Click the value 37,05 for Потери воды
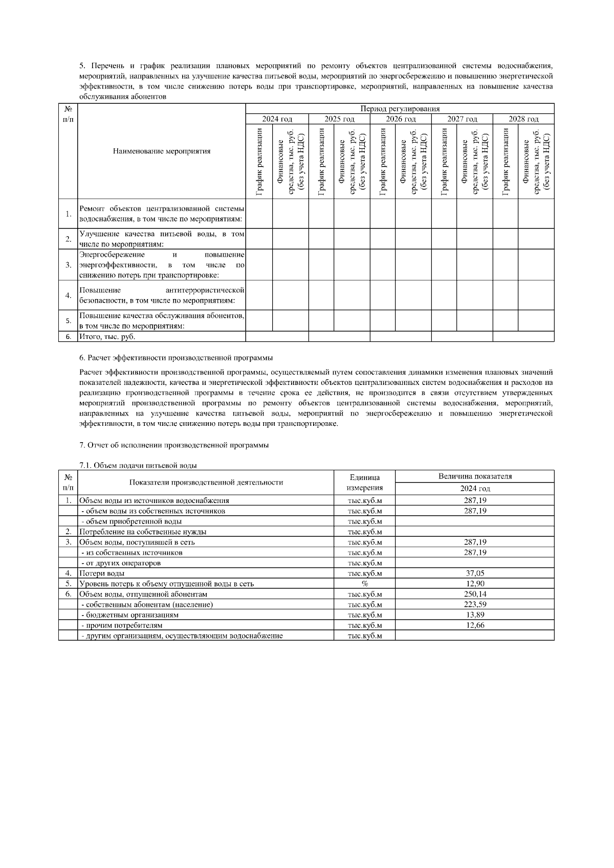click(x=475, y=573)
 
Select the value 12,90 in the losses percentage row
click(x=475, y=583)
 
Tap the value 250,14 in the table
click(x=475, y=594)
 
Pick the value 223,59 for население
click(x=475, y=604)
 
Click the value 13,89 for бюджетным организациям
click(x=475, y=614)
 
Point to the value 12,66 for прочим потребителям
click(x=475, y=625)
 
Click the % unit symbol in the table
click(x=365, y=583)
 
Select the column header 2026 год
click(x=401, y=119)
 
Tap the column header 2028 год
click(x=523, y=119)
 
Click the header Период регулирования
click(x=400, y=109)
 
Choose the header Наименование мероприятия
click(x=162, y=151)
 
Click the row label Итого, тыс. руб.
click(x=107, y=336)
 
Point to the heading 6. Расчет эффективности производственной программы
click(x=176, y=357)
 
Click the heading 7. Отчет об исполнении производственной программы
click(x=174, y=445)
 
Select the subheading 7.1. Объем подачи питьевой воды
click(x=138, y=465)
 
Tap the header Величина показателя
click(x=475, y=476)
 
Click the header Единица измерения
click(x=365, y=482)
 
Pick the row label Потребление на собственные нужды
click(x=143, y=532)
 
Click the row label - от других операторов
click(x=121, y=563)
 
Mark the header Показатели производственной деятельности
click(x=206, y=482)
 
